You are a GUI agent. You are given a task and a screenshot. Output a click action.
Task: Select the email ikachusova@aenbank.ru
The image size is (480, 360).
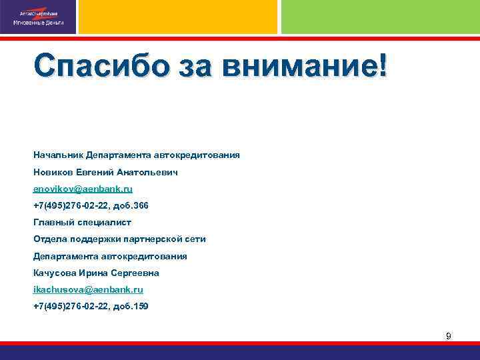click(x=88, y=290)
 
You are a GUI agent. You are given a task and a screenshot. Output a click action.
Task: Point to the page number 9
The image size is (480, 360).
click(x=448, y=336)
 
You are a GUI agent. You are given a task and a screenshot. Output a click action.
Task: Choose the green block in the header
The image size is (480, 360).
click(x=380, y=17)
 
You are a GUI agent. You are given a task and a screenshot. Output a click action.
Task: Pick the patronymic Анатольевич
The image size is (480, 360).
click(x=149, y=172)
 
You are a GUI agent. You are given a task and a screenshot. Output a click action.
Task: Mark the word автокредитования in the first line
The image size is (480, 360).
click(x=197, y=155)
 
